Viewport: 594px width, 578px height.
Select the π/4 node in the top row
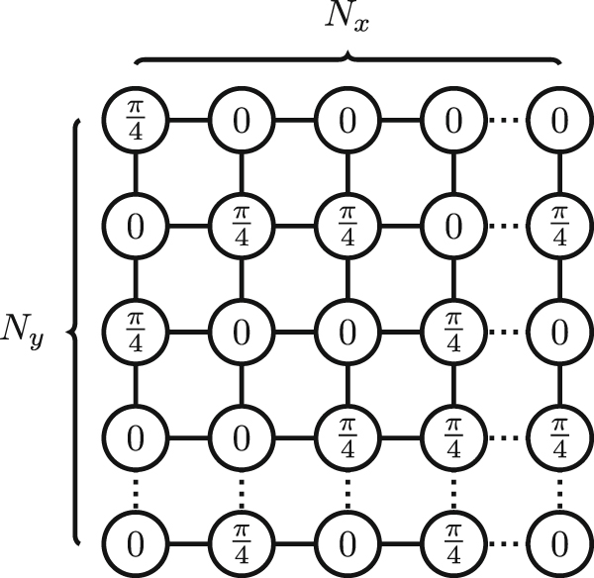coord(136,122)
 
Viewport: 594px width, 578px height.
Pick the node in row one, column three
coord(347,122)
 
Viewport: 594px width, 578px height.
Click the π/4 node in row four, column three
coord(347,436)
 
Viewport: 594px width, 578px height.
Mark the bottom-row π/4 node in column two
coord(242,541)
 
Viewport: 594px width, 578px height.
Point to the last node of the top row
coord(559,122)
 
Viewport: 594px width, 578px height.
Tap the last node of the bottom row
coord(559,541)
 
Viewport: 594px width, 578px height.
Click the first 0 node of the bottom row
coord(136,541)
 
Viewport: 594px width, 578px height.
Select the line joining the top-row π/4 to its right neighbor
coord(188,122)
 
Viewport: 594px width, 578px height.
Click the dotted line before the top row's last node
coord(506,122)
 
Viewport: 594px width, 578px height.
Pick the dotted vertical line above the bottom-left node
coord(136,489)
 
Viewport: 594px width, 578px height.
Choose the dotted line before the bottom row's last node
coord(506,541)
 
